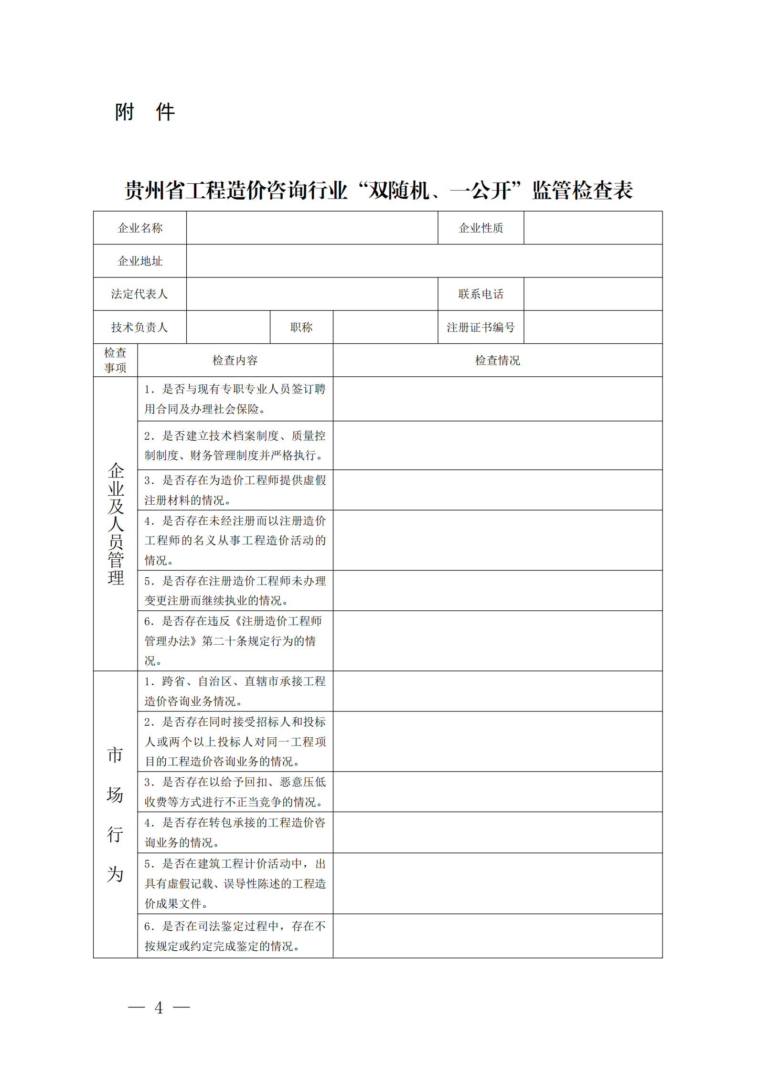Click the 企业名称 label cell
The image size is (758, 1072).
[x=140, y=228]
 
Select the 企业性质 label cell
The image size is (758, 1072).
[x=480, y=228]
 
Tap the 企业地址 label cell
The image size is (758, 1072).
[x=140, y=261]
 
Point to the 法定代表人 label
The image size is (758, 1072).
[x=139, y=294]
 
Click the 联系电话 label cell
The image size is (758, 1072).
[x=480, y=294]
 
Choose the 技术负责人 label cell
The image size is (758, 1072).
[x=139, y=327]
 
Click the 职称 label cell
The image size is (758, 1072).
[x=301, y=327]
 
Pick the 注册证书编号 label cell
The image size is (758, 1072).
[x=480, y=327]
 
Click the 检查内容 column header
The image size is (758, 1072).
[x=235, y=361]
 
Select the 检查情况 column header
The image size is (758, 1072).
[x=497, y=361]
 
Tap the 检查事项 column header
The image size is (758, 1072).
[x=115, y=361]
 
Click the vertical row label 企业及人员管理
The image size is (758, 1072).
[x=116, y=524]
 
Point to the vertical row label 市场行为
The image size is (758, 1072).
[x=115, y=814]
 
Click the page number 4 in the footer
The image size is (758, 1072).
[x=159, y=1008]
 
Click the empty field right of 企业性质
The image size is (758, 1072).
[x=593, y=228]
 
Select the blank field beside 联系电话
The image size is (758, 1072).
[x=593, y=294]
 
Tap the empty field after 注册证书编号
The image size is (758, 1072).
[x=593, y=327]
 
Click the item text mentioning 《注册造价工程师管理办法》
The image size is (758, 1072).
[x=234, y=640]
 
